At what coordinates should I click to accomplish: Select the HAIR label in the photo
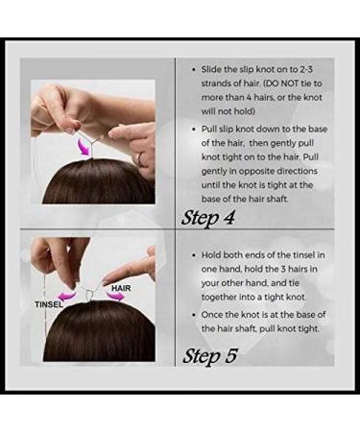tap(120, 285)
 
